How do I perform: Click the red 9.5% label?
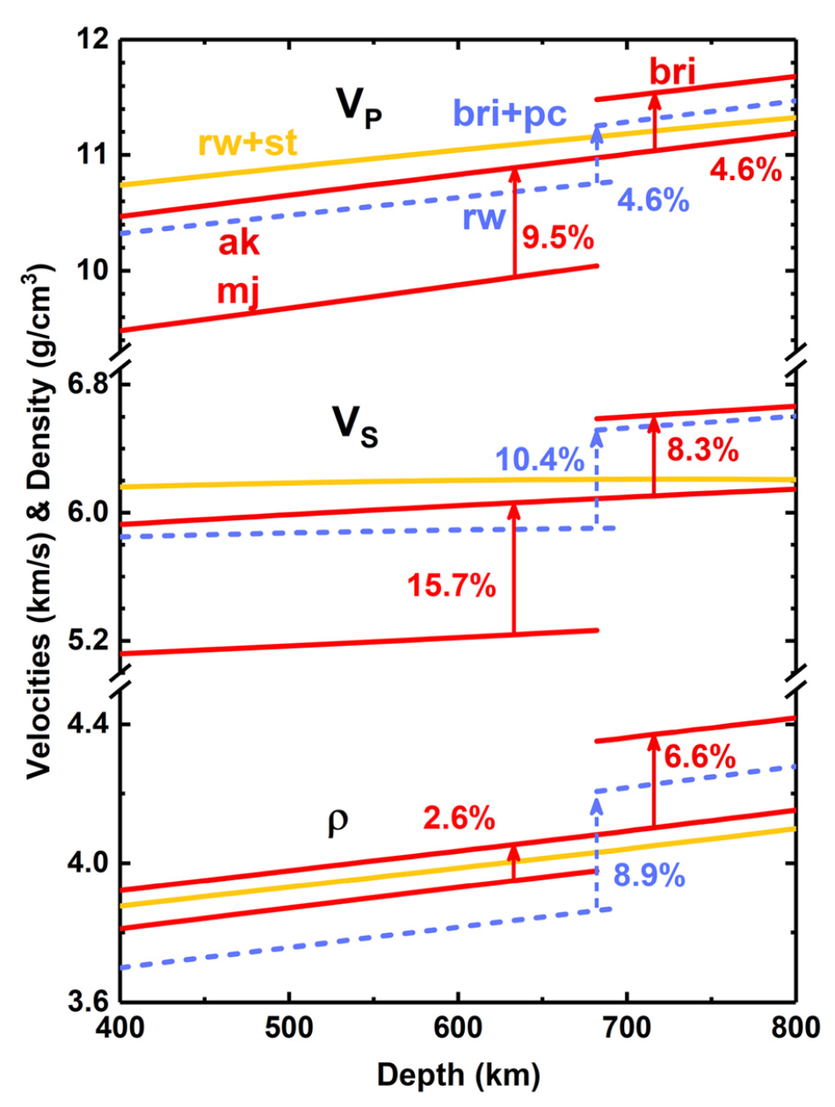pyautogui.click(x=558, y=238)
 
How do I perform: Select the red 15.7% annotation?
pyautogui.click(x=453, y=585)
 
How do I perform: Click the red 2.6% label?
pyautogui.click(x=459, y=820)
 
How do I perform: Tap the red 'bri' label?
pyautogui.click(x=673, y=72)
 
